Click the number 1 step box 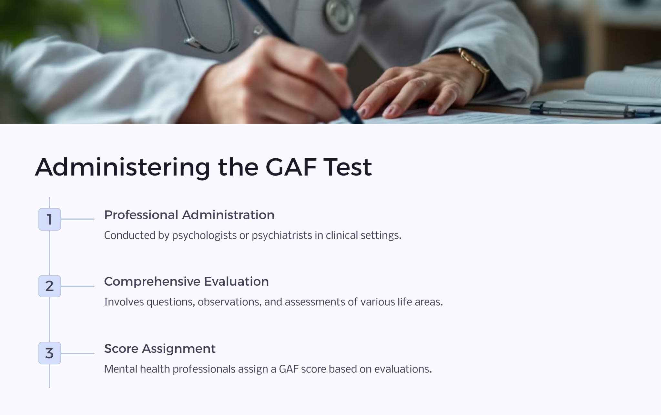(49, 219)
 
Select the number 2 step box (49, 286)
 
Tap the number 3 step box (49, 353)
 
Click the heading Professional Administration (189, 215)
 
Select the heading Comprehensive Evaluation (186, 282)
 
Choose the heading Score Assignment (160, 349)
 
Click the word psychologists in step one (204, 235)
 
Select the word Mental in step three (121, 369)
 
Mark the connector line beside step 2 (77, 286)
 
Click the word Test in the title (348, 167)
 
